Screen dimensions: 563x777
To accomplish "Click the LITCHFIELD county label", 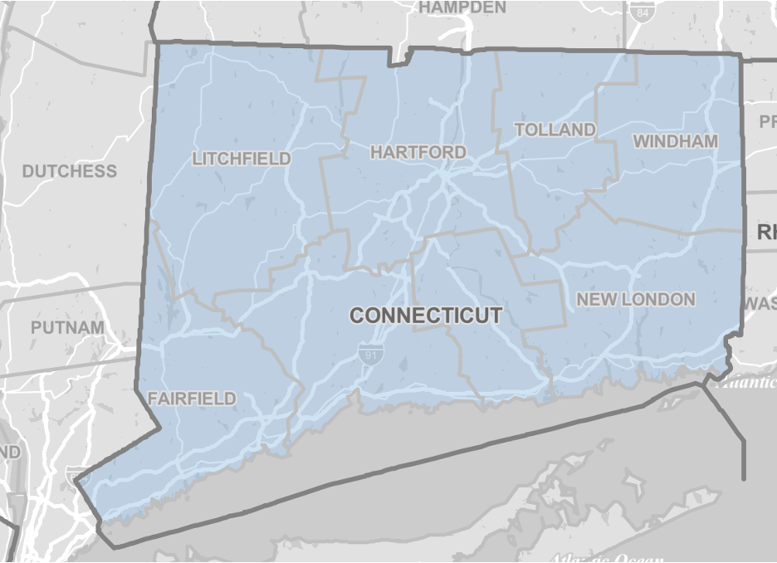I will coord(242,158).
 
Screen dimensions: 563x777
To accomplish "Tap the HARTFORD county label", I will coord(418,152).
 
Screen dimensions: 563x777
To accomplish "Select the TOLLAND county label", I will coord(555,130).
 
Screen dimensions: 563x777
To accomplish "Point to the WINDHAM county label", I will coord(675,141).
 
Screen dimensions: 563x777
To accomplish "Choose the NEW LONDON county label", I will coord(635,299).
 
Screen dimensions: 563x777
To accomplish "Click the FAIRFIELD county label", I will coord(192,399).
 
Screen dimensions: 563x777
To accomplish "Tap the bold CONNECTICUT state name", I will coord(426,316).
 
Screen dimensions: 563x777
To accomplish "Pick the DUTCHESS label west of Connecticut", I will coord(69,171).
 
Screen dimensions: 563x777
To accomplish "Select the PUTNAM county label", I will coord(68,327).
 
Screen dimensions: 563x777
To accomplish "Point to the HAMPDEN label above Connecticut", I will coord(462,7).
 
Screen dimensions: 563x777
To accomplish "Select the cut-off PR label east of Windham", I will coord(767,122).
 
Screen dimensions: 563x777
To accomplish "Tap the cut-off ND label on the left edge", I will coord(10,451).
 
